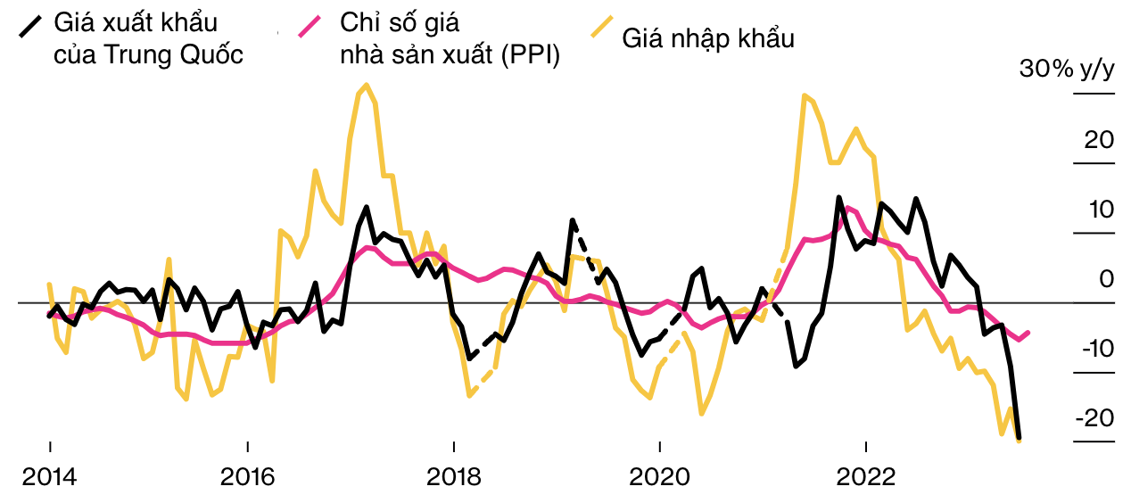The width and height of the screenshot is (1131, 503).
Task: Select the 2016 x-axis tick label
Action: [247, 477]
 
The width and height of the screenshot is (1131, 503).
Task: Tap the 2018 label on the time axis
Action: [453, 477]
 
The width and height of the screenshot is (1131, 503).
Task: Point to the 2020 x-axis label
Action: [659, 477]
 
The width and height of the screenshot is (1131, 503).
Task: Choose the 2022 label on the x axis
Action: [865, 477]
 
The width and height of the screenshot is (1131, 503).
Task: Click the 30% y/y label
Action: [1067, 70]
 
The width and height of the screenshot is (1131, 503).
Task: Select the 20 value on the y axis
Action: [1100, 140]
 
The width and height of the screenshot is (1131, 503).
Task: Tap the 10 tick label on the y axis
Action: [1101, 210]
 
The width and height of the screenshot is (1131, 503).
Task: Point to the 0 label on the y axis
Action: [1107, 279]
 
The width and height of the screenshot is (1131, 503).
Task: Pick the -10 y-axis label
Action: [1096, 349]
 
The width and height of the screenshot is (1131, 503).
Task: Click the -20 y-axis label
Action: [1094, 418]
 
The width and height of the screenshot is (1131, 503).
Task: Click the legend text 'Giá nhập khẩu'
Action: [708, 38]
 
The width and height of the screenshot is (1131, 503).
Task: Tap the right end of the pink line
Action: [1029, 333]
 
